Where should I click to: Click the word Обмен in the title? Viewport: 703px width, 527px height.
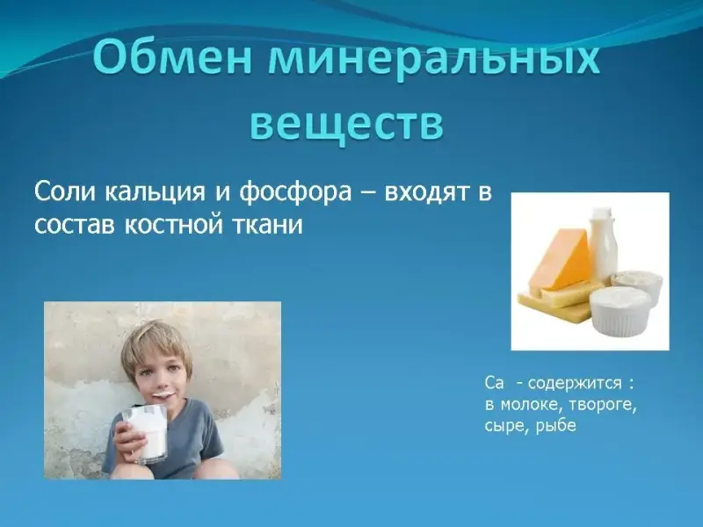(x=172, y=58)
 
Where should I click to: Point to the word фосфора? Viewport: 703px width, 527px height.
(x=295, y=193)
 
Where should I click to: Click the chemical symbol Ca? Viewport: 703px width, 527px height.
(x=494, y=384)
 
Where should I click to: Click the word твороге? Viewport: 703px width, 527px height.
(x=604, y=405)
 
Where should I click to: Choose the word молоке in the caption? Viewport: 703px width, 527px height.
(x=533, y=405)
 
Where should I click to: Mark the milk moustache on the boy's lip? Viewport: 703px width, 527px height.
(x=163, y=394)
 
